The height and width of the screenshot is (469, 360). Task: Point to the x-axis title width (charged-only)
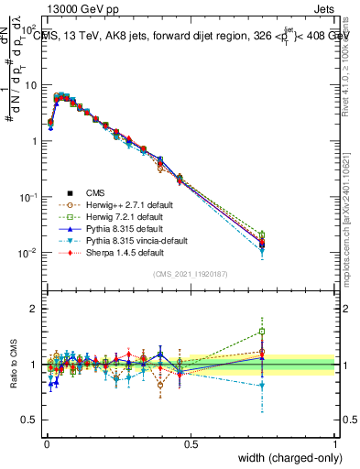pos(286,458)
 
